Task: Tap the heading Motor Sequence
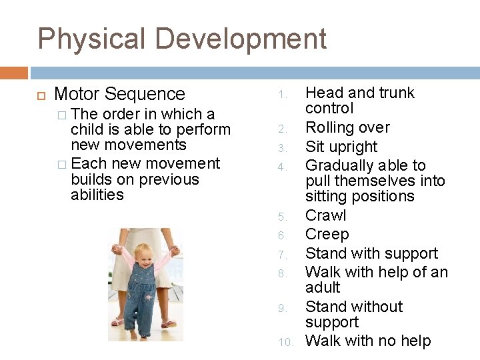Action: coord(119,94)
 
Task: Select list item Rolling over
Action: coord(347,127)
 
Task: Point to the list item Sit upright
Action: coord(341,147)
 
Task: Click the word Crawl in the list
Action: coord(325,215)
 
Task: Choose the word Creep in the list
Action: coord(327,234)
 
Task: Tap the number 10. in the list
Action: coord(285,342)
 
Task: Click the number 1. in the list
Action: coord(283,94)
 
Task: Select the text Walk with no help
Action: coord(368,341)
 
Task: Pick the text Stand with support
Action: coord(371,253)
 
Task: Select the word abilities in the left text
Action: coord(97,195)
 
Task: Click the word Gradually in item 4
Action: coord(339,165)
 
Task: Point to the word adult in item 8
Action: coord(323,287)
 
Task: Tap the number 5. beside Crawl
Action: coord(283,217)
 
